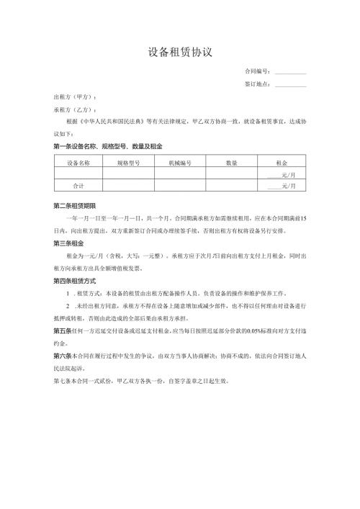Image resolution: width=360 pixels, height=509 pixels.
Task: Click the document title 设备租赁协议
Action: pos(180,52)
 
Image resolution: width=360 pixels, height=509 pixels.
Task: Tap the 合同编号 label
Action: pos(258,71)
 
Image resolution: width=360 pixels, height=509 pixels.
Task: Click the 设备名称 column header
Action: pos(78,163)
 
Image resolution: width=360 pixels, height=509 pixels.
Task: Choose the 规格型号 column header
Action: pos(129,163)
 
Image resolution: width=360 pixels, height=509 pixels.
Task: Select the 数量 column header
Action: pos(231,163)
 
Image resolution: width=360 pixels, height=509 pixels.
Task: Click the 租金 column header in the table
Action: pos(282,163)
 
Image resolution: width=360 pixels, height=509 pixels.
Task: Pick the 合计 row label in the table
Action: pos(78,186)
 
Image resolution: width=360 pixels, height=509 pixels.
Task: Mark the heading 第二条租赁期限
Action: pos(78,204)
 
